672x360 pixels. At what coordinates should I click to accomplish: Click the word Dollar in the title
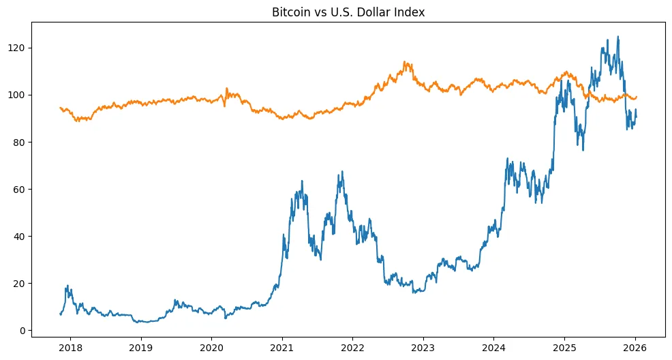368,12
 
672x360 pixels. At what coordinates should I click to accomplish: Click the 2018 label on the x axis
70,346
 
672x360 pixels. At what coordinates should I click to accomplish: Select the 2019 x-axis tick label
141,346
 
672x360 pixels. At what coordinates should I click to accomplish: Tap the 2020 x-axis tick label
211,346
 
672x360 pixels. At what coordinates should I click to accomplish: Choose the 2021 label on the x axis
282,346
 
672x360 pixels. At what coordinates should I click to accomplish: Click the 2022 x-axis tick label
352,346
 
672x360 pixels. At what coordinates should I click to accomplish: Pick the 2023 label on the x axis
423,346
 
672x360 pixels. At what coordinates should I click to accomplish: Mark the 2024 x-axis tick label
493,346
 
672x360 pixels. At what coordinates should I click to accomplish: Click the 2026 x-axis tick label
635,346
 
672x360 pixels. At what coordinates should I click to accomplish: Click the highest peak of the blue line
618,37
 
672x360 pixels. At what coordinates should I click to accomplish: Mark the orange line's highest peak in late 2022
405,61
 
